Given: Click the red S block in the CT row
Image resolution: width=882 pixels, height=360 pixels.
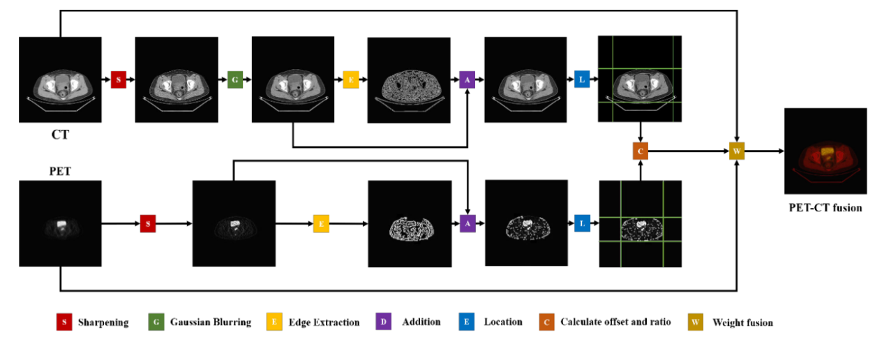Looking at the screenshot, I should (x=118, y=80).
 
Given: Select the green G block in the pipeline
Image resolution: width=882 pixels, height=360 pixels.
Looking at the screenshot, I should (x=235, y=80).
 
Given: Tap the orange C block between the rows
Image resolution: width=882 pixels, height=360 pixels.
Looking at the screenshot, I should (x=640, y=150).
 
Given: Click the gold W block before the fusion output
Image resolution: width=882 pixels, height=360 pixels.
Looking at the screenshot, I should (x=737, y=150).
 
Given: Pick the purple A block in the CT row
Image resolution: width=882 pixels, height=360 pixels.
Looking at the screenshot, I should (x=467, y=80).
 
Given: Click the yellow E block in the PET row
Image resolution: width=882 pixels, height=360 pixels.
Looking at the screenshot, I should (x=321, y=223).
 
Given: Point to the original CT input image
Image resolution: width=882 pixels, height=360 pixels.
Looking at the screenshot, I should (x=60, y=80).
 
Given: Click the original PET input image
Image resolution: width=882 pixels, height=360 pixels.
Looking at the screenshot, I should (x=60, y=223).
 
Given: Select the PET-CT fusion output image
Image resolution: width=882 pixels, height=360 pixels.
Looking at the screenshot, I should (x=825, y=151).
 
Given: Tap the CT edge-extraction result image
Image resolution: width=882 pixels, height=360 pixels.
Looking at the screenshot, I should (x=409, y=80).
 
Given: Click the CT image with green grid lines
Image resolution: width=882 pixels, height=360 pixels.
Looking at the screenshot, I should (x=640, y=78).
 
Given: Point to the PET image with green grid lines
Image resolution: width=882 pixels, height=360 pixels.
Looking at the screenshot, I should (x=640, y=224).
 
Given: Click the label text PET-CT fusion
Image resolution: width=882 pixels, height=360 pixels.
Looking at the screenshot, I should (x=825, y=207).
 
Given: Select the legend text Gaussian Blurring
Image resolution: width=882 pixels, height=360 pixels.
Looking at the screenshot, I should (x=211, y=322).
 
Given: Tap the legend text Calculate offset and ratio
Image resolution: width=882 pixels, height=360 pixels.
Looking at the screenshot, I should (x=615, y=322).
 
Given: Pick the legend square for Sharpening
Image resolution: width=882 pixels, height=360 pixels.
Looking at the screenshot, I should (x=64, y=322).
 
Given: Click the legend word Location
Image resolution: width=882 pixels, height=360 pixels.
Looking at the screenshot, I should (x=503, y=322).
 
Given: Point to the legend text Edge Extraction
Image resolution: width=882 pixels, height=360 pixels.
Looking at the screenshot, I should (x=324, y=322).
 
